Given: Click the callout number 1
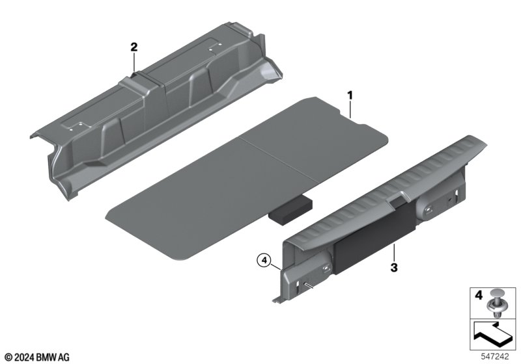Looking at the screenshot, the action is tap(350, 96).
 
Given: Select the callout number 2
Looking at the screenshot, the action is tap(134, 47).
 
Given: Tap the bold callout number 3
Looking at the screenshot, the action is tap(394, 268).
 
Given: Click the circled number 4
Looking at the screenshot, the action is tap(264, 261).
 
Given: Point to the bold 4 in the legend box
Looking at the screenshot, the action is tap(478, 295).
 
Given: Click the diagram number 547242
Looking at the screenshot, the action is tap(495, 356).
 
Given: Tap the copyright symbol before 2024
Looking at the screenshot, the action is tap(9, 357).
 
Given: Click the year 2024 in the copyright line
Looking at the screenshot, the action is tap(24, 357).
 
